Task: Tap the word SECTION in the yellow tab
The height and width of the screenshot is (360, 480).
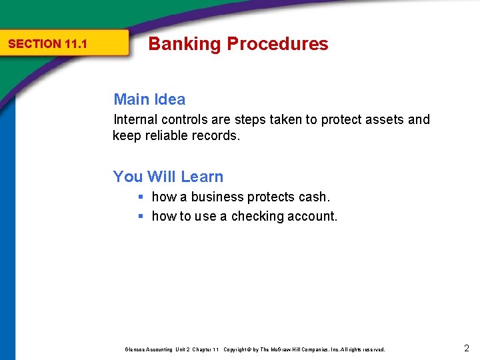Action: pyautogui.click(x=34, y=45)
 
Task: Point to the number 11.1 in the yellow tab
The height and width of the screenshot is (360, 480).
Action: pyautogui.click(x=76, y=45)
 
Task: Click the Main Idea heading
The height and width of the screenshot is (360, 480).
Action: pyautogui.click(x=149, y=99)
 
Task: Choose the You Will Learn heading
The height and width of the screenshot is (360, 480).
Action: pyautogui.click(x=168, y=177)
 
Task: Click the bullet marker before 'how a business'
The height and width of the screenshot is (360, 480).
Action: pyautogui.click(x=141, y=197)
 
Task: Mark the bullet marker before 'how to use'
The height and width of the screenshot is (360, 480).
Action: pyautogui.click(x=141, y=217)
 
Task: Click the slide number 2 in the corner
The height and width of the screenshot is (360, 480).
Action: pyautogui.click(x=466, y=348)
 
